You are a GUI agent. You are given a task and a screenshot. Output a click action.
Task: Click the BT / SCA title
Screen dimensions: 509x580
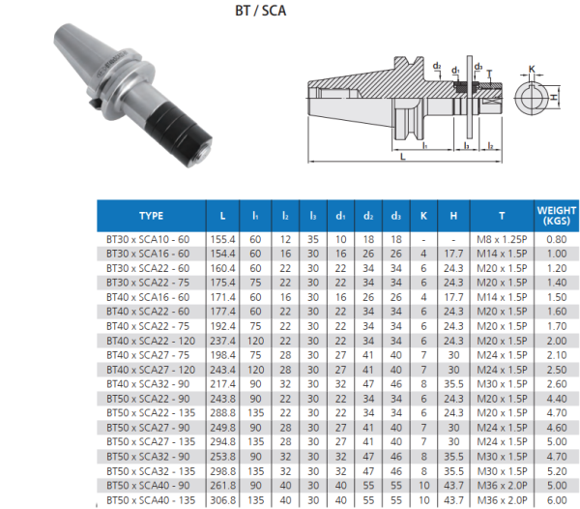pyautogui.click(x=261, y=13)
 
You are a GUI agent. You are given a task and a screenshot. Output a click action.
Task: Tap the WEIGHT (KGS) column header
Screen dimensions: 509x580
pyautogui.click(x=557, y=216)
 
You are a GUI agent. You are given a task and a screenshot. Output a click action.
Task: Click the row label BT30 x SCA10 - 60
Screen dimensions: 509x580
pyautogui.click(x=148, y=238)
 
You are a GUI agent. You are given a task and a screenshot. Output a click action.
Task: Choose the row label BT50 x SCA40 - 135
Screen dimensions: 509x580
pyautogui.click(x=148, y=499)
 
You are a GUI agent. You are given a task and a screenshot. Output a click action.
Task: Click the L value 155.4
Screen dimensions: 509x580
pyautogui.click(x=223, y=238)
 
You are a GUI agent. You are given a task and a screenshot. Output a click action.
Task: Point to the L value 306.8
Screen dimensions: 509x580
pyautogui.click(x=223, y=499)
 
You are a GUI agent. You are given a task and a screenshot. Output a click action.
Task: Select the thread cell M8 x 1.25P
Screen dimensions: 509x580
pyautogui.click(x=502, y=238)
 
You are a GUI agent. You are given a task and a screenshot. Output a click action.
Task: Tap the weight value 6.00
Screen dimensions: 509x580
pyautogui.click(x=557, y=499)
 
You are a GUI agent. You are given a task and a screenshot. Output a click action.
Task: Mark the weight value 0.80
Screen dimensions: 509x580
pyautogui.click(x=557, y=238)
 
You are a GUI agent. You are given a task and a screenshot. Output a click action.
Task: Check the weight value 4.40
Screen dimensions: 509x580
pyautogui.click(x=557, y=398)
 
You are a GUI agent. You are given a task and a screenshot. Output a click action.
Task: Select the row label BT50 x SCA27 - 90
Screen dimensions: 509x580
pyautogui.click(x=148, y=427)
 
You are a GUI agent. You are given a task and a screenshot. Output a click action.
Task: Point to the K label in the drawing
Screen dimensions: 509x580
pyautogui.click(x=533, y=68)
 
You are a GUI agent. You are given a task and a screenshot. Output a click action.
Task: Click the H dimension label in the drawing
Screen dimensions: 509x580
pyautogui.click(x=555, y=98)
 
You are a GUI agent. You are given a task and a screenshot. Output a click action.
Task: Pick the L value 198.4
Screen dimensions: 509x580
pyautogui.click(x=223, y=355)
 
